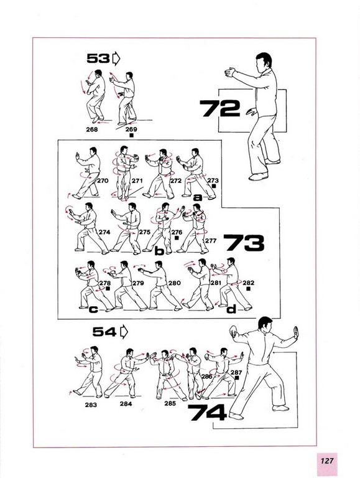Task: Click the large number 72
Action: coord(220,108)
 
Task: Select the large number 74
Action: coord(207,412)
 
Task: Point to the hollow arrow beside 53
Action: coord(116,59)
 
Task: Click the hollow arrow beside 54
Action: coord(124,332)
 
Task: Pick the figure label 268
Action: coord(92,129)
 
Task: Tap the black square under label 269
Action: coord(132,135)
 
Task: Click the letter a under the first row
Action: coord(198,197)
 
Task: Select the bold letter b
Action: coord(159,251)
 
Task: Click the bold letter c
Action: coord(93,309)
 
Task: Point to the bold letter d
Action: coord(231,309)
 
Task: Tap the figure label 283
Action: coord(91,405)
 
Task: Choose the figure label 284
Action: coord(126,404)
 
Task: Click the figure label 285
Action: coord(170,403)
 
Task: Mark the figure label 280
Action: coord(175,283)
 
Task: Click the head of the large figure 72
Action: coord(264,62)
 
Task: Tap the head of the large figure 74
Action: coord(265,325)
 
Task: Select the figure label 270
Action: coord(103,180)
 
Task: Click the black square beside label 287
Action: coord(237,378)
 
